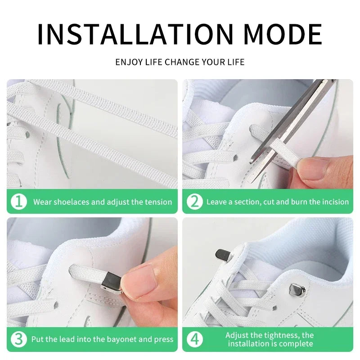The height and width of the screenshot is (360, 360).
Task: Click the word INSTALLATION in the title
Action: (x=135, y=34)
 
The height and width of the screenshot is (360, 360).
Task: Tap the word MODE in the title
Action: (x=283, y=34)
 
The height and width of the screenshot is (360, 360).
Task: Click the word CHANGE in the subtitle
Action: (x=182, y=62)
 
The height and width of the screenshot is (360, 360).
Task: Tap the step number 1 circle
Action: (x=19, y=202)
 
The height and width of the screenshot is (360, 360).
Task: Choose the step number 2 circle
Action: (x=195, y=202)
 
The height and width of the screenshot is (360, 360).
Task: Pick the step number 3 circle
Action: (x=19, y=339)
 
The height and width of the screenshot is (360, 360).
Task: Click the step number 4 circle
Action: (x=195, y=339)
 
